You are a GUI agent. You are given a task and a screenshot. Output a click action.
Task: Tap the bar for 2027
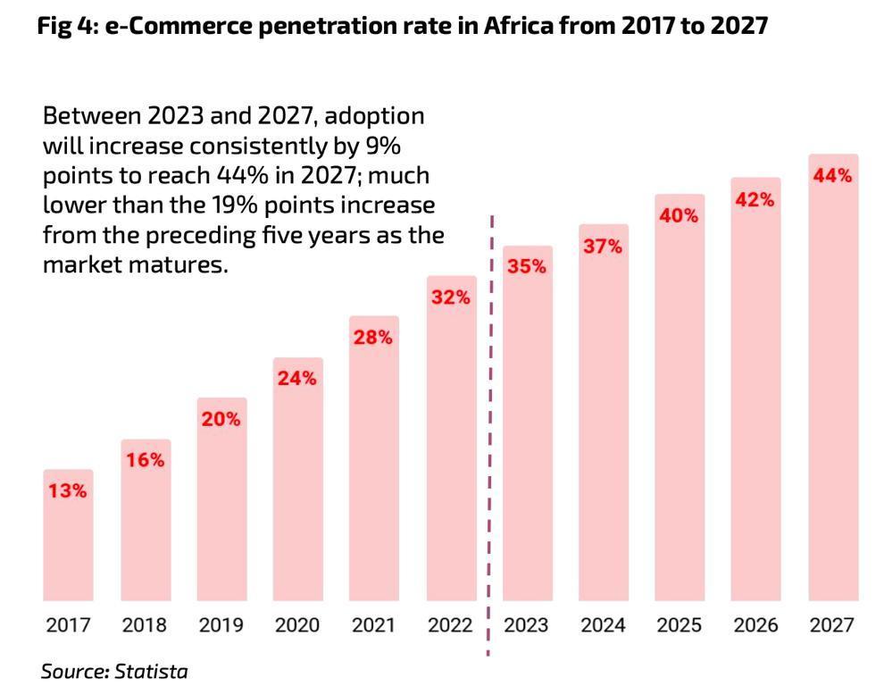tap(832, 384)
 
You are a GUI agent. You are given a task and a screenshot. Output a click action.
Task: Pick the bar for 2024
tap(603, 420)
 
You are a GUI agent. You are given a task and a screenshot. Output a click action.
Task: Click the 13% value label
tap(68, 490)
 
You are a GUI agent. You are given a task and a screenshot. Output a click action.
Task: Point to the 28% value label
tap(372, 338)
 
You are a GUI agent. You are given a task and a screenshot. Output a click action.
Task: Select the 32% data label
tap(450, 297)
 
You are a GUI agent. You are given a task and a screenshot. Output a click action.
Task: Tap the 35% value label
tap(526, 265)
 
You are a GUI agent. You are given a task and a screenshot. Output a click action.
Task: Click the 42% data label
tap(755, 200)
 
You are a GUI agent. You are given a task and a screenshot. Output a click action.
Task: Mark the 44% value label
tap(832, 176)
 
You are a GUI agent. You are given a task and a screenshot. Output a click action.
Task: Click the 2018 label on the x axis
tap(145, 625)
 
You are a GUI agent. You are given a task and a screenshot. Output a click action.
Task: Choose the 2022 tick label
tap(450, 625)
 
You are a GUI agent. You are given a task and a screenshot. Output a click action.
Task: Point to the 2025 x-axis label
tap(679, 625)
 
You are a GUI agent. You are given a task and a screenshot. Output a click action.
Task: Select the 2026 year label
tap(755, 625)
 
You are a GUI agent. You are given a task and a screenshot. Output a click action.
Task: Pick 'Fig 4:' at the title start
tap(68, 26)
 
